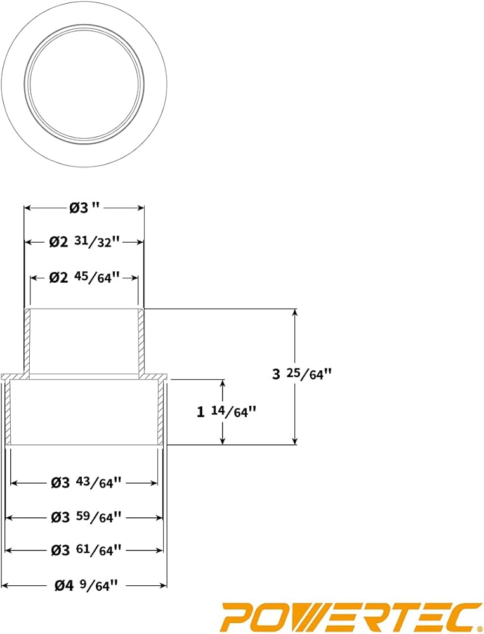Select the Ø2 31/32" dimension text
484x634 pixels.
pos(84,242)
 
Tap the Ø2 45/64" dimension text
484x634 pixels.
pos(84,278)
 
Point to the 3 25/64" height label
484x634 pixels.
pos(301,374)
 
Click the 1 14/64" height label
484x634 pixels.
pos(226,412)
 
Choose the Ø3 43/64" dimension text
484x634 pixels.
pos(86,482)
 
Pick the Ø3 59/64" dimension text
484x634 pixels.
pos(86,517)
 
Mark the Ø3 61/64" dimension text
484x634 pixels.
pos(86,550)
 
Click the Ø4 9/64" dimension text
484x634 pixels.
pos(86,585)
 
